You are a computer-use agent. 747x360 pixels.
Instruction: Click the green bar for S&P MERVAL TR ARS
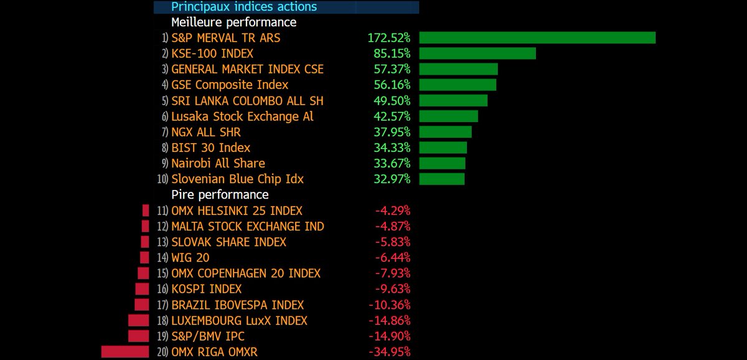537,37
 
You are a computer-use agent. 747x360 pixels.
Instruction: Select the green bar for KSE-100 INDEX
477,54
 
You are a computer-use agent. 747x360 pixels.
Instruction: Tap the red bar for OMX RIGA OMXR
125,352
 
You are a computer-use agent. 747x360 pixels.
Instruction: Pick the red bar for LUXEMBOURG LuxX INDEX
139,321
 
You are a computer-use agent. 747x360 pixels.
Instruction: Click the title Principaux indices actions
244,7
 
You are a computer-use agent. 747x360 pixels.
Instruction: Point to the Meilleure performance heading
234,22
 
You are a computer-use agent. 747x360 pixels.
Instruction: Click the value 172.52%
389,38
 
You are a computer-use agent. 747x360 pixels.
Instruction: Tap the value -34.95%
389,352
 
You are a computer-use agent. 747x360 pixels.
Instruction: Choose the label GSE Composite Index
230,85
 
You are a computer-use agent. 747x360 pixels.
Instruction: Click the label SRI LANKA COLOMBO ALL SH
247,101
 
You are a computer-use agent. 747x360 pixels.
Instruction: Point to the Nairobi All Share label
218,163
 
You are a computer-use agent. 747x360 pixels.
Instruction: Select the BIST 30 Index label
210,148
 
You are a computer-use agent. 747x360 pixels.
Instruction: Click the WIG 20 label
190,258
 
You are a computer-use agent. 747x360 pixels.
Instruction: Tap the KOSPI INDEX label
206,289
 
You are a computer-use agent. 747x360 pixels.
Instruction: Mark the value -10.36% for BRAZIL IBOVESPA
389,305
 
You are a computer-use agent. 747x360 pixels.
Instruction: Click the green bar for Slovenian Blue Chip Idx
442,179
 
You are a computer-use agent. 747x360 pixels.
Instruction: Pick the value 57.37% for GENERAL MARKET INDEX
392,69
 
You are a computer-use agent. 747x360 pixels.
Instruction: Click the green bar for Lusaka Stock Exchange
448,116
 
